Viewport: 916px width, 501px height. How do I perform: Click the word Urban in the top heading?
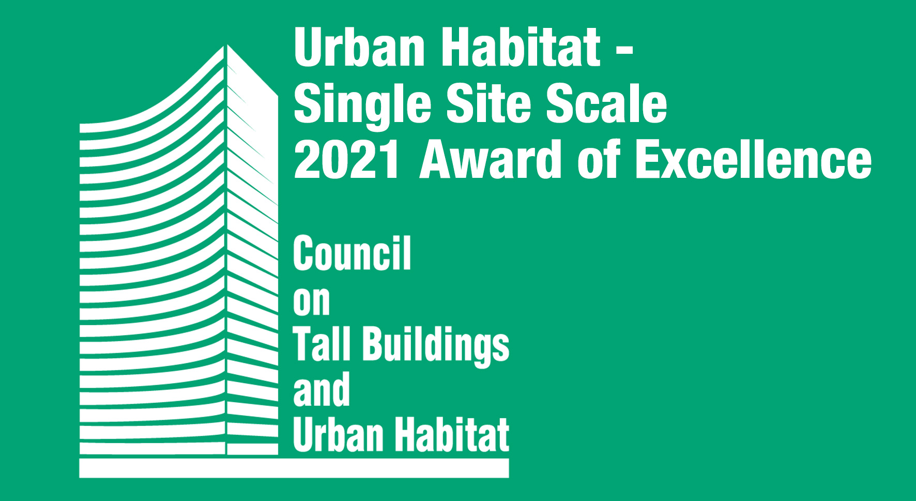click(359, 47)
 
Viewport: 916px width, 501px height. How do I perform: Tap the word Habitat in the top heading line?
click(521, 47)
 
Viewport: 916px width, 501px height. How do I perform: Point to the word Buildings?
click(436, 346)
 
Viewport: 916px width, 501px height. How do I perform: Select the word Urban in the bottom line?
click(338, 434)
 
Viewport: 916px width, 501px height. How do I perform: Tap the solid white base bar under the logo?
click(294, 468)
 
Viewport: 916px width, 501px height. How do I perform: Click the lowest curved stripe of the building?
click(152, 448)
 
